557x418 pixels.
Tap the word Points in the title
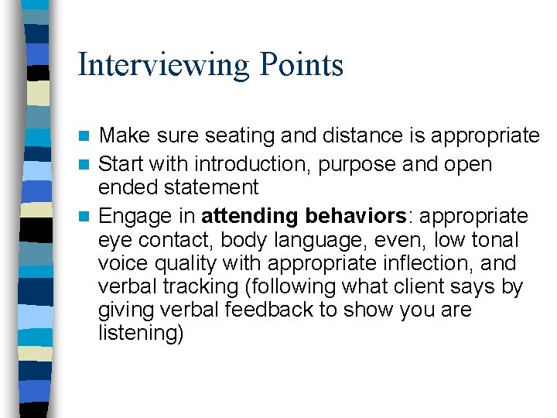click(302, 64)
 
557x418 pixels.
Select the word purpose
click(381, 165)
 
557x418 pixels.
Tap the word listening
click(141, 334)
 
